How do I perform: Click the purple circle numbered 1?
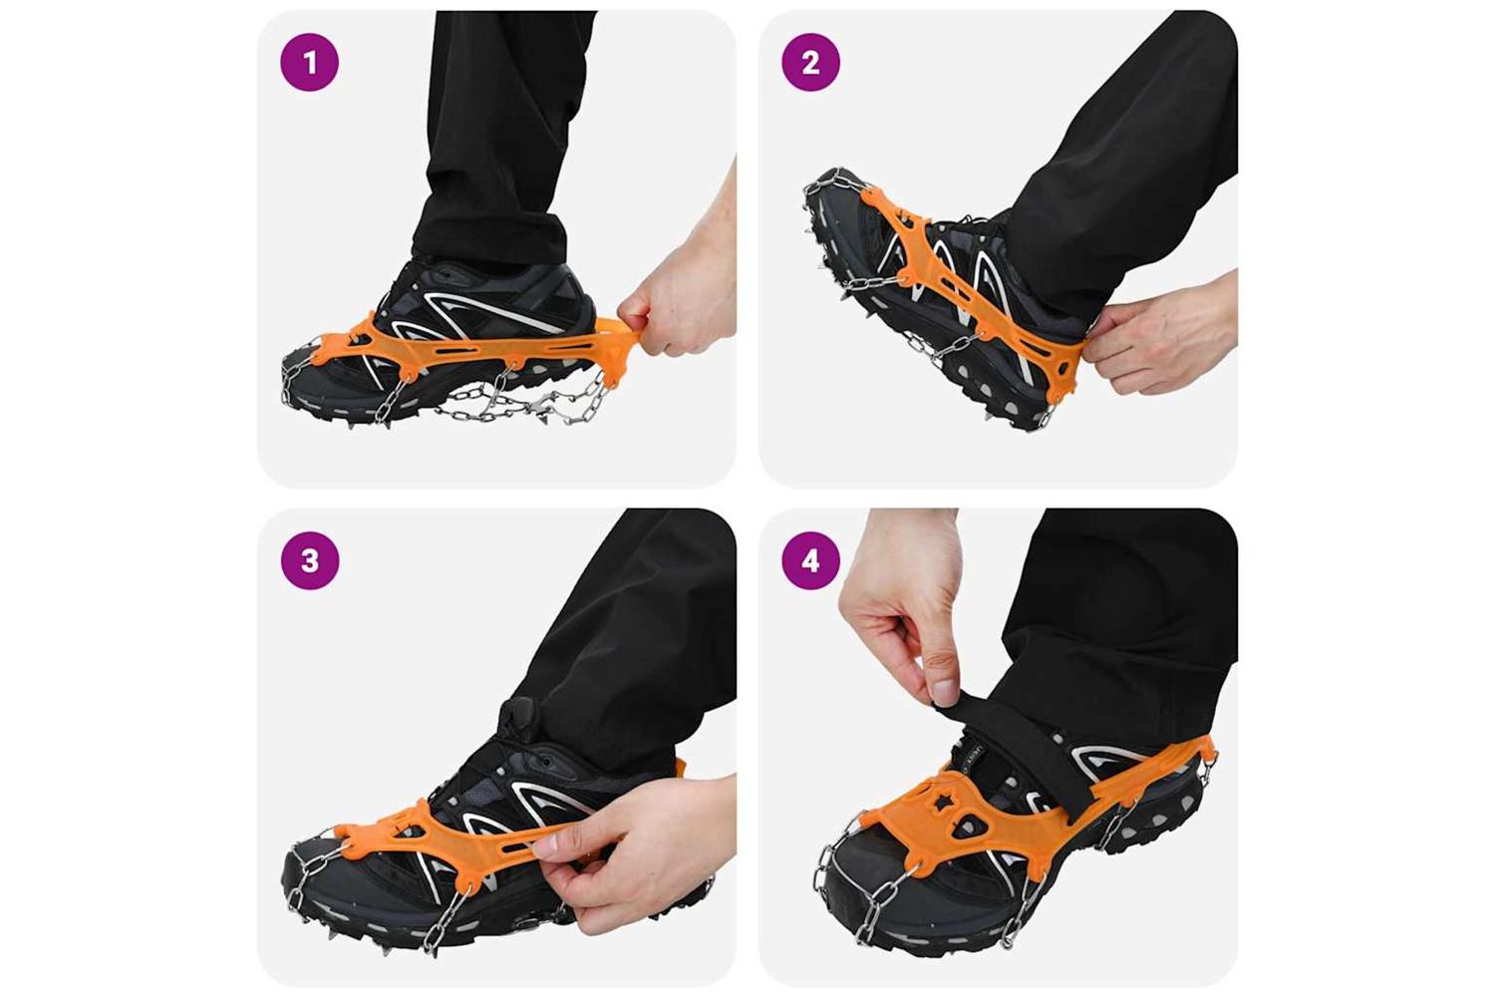pyautogui.click(x=310, y=62)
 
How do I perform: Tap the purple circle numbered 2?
pyautogui.click(x=811, y=62)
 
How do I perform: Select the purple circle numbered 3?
pyautogui.click(x=310, y=560)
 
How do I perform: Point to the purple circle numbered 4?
pyautogui.click(x=811, y=560)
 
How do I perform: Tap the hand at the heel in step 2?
pyautogui.click(x=1161, y=334)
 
